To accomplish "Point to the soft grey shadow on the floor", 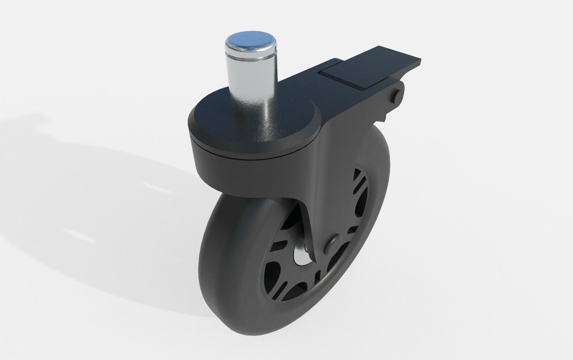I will [79, 190].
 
